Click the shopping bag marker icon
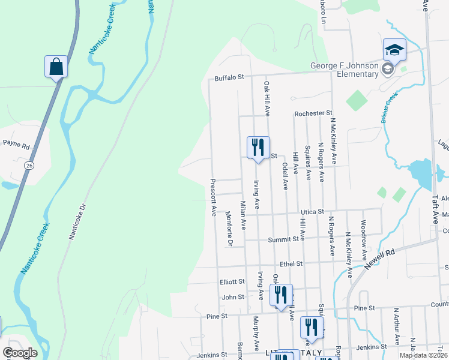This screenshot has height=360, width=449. [x=56, y=66]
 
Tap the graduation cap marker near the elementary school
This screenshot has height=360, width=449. [x=395, y=49]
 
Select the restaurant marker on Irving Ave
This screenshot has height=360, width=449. [x=258, y=148]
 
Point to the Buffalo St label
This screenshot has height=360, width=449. [x=229, y=77]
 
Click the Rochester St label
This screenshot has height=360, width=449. [x=313, y=113]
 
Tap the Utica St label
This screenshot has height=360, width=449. [x=312, y=212]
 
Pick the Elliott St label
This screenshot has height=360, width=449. [x=232, y=281]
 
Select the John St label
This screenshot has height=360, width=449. [x=233, y=296]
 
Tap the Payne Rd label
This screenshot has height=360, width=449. [x=16, y=145]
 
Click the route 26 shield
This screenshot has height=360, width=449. [x=28, y=164]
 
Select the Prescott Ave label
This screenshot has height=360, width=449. [x=212, y=197]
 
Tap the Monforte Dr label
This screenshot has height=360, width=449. [x=229, y=229]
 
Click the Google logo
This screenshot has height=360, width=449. [x=19, y=353]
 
